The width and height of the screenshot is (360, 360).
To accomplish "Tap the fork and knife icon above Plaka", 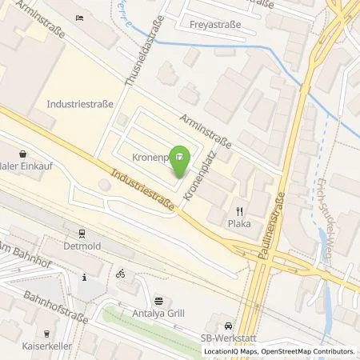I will [238, 210].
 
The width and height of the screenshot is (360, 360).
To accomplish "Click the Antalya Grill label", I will [158, 313].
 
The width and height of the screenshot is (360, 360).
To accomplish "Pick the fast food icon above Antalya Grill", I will [158, 301].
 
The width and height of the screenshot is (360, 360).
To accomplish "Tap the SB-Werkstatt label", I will [229, 338].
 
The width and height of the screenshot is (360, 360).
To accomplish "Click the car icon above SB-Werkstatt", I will [229, 326].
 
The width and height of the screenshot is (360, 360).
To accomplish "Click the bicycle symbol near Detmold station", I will [121, 273].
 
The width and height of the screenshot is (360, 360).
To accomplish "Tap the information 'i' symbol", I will [84, 278].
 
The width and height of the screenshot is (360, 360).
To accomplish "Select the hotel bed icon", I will [78, 18].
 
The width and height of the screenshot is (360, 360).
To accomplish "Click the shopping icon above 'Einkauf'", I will [22, 154].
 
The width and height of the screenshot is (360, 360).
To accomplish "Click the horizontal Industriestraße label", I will [80, 104].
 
